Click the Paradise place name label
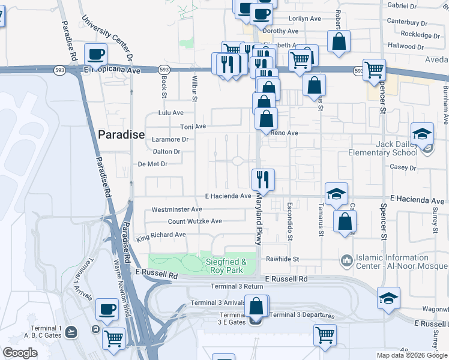(x=121, y=134)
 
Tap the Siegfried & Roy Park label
(x=226, y=265)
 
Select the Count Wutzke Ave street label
(x=194, y=221)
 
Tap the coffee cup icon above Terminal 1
(x=107, y=309)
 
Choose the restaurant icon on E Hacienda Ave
(x=263, y=179)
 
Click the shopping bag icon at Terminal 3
(x=256, y=307)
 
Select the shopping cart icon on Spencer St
(x=375, y=69)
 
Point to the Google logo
(x=20, y=353)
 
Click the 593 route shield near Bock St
(x=164, y=70)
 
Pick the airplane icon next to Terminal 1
(x=71, y=331)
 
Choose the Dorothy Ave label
(x=280, y=31)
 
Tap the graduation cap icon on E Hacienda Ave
(x=337, y=193)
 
